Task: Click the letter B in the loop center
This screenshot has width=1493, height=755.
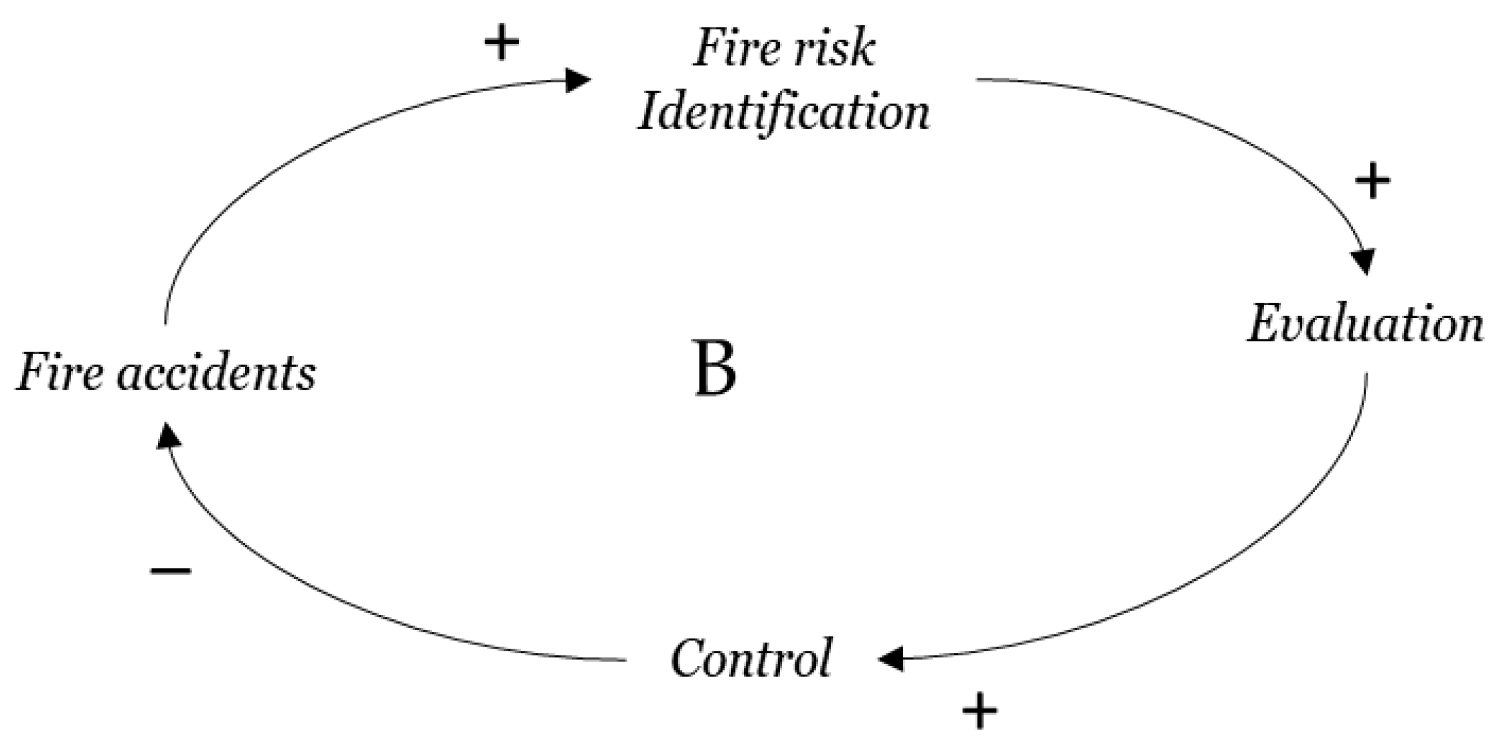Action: coord(715,369)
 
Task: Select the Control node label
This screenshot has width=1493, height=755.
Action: coord(751,659)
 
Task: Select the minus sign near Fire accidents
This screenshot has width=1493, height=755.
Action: coord(171,570)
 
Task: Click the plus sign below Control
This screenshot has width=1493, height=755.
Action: coord(979,711)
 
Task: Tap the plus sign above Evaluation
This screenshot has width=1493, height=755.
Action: coord(1372,181)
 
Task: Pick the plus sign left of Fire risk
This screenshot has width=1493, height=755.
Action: coord(501,44)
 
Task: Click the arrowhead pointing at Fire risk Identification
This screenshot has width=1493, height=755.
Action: coord(577,80)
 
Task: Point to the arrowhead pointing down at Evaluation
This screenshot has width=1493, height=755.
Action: coord(1364,262)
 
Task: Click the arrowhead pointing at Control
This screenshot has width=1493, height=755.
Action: coord(892,659)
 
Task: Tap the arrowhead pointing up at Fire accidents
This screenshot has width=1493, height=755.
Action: coord(168,436)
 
